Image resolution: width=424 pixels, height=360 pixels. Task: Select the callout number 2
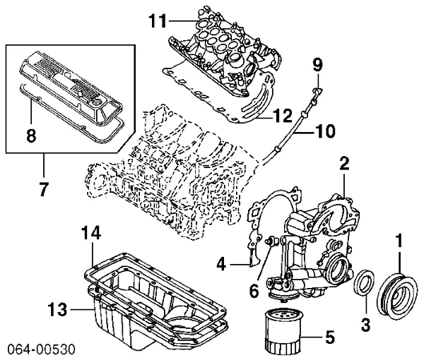coord(343,164)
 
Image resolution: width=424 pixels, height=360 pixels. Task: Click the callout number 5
coord(329,337)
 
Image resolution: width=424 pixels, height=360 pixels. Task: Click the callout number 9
coord(317,66)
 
